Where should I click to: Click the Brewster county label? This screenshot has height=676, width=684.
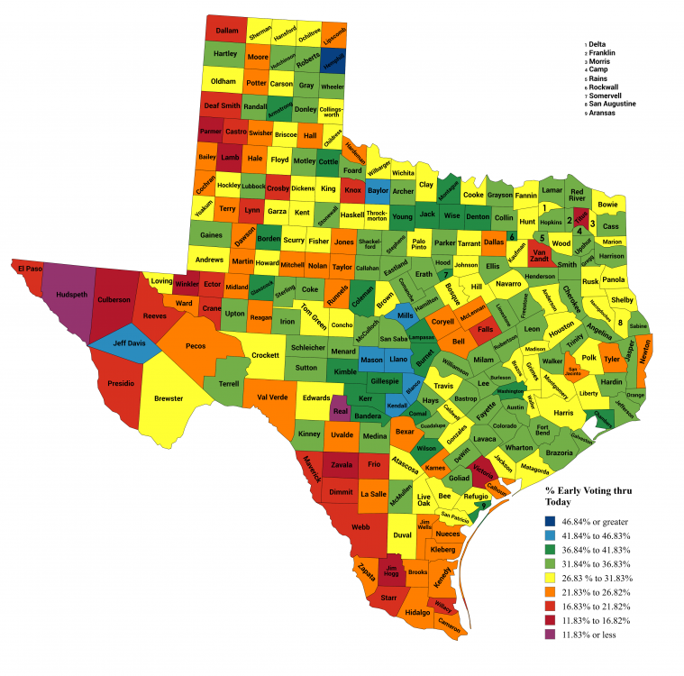168,397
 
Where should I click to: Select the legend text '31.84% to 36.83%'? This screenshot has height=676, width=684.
597,564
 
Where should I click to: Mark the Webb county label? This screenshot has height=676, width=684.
360,526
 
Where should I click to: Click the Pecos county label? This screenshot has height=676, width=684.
196,345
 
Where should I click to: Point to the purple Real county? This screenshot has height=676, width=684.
339,410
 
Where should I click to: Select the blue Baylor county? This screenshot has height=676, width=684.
377,191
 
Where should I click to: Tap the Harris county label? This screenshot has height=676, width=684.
564,412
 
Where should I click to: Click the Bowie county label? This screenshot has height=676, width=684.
607,205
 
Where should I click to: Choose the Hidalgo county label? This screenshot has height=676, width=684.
418,612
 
